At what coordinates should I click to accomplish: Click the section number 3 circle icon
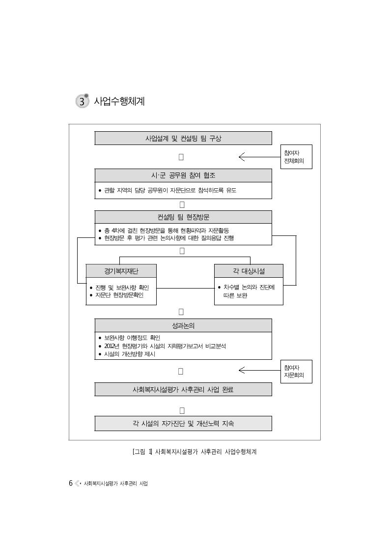click(82, 101)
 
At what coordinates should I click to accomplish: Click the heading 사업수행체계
click(119, 101)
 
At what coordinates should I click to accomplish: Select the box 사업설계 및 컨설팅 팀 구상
click(183, 138)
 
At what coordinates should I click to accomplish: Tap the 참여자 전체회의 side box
click(296, 157)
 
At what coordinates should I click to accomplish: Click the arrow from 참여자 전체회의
click(259, 157)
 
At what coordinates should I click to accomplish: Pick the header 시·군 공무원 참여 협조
click(183, 175)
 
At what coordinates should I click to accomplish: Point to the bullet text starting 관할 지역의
click(170, 190)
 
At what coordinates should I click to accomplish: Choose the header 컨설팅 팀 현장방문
click(183, 217)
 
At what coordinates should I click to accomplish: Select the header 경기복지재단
click(121, 271)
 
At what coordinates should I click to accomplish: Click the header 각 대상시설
click(249, 271)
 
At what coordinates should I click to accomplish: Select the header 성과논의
click(183, 325)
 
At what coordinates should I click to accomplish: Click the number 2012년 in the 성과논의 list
click(112, 346)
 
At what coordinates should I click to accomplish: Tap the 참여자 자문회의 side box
click(296, 372)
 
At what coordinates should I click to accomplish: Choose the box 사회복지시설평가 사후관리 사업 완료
click(183, 389)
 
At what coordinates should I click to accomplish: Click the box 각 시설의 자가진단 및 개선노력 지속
click(183, 424)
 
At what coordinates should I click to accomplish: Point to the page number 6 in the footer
click(71, 483)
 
